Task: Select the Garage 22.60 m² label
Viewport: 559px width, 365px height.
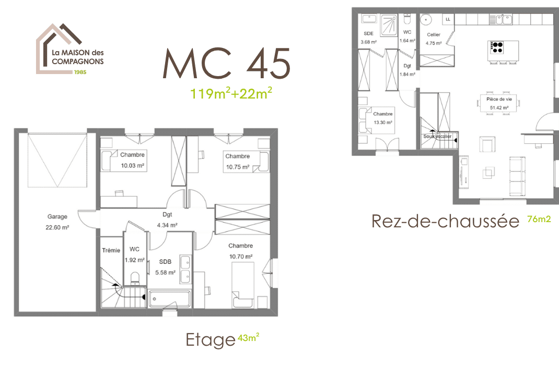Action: click(57, 222)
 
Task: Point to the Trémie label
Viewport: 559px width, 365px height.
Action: click(111, 251)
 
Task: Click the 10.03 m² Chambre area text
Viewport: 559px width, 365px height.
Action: click(133, 165)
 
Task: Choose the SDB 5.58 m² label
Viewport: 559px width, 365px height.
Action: click(165, 267)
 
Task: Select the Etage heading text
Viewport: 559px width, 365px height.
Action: click(210, 340)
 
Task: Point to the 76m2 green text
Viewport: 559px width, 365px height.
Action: click(539, 220)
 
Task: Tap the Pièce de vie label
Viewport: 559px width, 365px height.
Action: click(499, 99)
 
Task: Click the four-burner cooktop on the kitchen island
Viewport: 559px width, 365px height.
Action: click(497, 47)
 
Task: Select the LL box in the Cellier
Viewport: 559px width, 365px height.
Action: click(448, 19)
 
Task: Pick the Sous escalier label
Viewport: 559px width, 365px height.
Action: click(437, 137)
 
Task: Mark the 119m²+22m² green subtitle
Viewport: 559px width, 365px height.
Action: click(231, 93)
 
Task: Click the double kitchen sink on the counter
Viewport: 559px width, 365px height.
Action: click(504, 20)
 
